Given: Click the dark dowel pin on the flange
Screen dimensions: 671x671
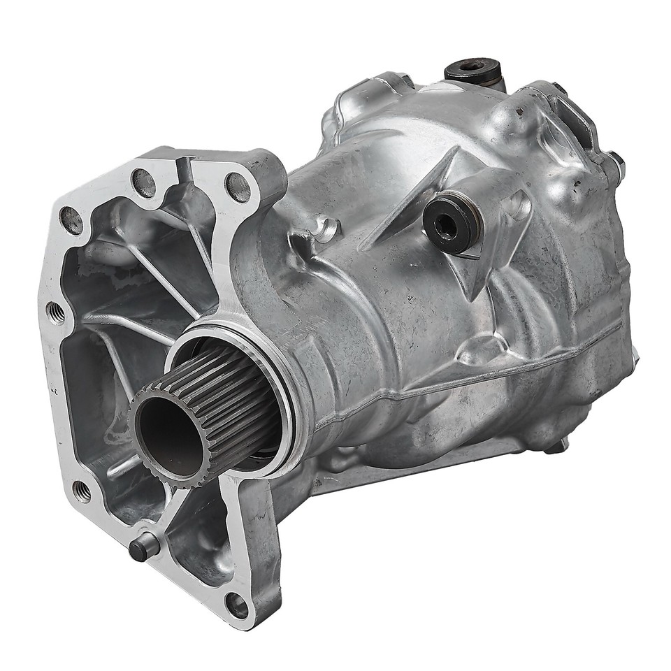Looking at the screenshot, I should (139, 547).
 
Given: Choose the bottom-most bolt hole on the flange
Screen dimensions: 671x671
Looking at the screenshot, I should (237, 605).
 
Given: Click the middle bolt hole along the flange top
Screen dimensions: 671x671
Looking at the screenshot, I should (144, 183).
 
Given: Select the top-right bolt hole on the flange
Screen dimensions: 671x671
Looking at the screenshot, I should (238, 186).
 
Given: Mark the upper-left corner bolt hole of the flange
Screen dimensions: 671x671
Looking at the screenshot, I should (71, 221).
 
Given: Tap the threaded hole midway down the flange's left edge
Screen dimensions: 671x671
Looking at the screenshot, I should (56, 312).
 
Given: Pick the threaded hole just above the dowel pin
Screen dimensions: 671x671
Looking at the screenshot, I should (82, 491).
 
